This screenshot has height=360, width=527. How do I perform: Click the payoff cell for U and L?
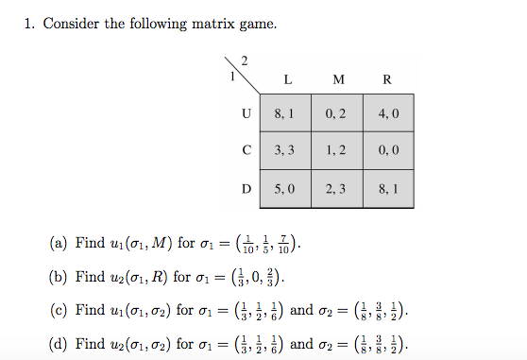tap(285, 113)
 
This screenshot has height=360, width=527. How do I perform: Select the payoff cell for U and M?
tap(336, 113)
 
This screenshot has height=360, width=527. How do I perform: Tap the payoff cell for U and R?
tap(388, 113)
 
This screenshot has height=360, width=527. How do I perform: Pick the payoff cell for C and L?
tap(285, 150)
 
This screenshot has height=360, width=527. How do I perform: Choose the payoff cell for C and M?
tap(336, 150)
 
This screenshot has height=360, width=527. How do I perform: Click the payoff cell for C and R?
tap(388, 150)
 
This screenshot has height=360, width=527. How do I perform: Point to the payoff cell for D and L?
tap(285, 188)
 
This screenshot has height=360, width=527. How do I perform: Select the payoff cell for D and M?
tap(336, 188)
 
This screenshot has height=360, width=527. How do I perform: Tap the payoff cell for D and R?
tap(388, 188)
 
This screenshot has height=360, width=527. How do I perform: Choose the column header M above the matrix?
tap(338, 79)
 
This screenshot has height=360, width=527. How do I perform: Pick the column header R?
tap(388, 79)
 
